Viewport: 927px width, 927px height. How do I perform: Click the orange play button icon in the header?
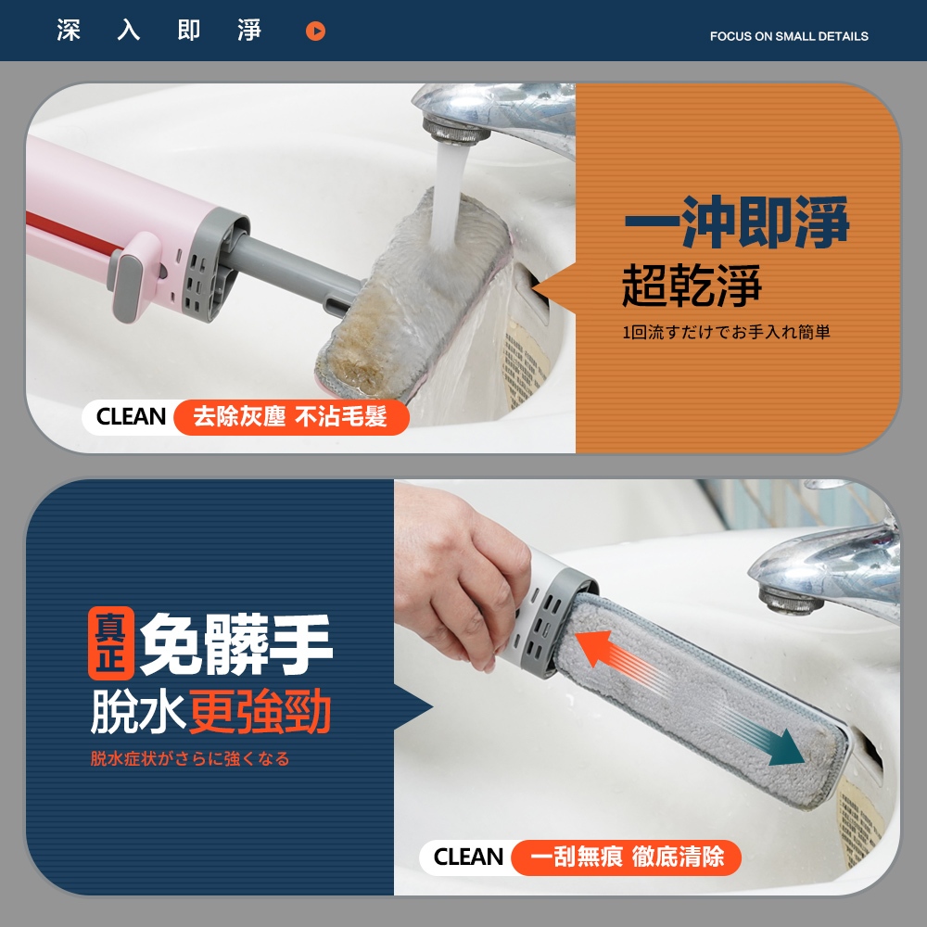coord(315,31)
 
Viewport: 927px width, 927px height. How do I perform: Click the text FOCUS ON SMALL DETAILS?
coord(789,36)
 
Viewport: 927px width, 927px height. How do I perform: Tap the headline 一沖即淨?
coord(737,222)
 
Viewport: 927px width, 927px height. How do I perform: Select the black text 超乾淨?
coord(692,285)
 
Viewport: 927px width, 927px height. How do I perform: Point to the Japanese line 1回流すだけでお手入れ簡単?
coord(726,332)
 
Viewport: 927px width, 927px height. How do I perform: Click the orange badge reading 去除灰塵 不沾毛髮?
coord(291,417)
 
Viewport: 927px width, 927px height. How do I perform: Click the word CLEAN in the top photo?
coord(131,417)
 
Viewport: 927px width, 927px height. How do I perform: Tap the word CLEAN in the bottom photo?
coord(468,857)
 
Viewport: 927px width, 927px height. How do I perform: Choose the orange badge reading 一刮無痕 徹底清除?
coord(626,857)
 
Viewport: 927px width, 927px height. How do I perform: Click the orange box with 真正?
coord(111,642)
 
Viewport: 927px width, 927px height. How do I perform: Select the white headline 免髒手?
coord(235,644)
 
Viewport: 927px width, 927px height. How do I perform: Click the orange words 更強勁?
coord(260,711)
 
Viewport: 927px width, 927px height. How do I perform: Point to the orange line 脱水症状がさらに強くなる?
coord(190,758)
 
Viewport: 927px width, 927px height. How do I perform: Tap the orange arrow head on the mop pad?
coord(594,647)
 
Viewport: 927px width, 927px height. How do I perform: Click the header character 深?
coord(69,31)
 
